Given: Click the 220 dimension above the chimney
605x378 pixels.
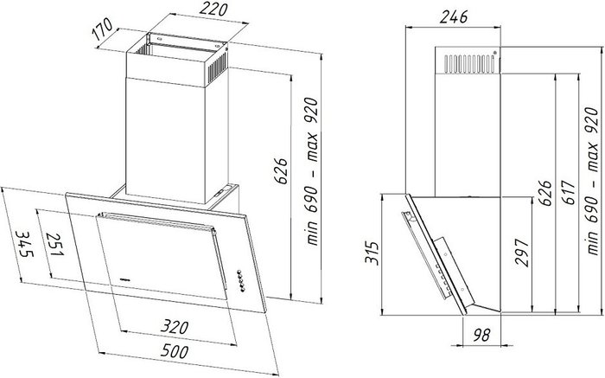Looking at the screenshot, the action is [x=213, y=9].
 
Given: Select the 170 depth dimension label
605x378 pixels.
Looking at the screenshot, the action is [x=102, y=29].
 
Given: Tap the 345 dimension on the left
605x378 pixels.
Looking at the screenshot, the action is [x=25, y=244].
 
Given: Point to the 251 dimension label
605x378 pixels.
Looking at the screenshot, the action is [x=54, y=244].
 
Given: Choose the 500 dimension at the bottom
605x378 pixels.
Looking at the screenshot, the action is [x=175, y=351].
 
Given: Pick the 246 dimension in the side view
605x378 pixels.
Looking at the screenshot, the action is [x=454, y=17].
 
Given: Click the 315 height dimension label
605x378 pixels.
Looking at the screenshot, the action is [x=372, y=253].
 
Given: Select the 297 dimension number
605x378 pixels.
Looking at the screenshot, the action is [x=522, y=253].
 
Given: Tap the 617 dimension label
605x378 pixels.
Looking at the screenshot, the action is [x=569, y=193].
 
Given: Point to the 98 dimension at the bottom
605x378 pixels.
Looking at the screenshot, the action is [x=481, y=335].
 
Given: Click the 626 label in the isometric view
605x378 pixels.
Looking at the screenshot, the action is [x=281, y=170].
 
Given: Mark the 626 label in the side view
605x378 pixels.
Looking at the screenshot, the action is [x=545, y=193].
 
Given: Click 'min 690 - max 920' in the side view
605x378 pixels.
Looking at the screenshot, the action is [x=591, y=181].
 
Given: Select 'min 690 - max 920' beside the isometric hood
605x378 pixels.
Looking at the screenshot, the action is [x=312, y=171].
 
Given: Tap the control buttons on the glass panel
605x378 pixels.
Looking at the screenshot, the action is [x=241, y=280].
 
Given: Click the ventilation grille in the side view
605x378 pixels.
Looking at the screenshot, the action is [x=469, y=63].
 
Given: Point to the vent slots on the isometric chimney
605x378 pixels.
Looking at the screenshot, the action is [x=218, y=67].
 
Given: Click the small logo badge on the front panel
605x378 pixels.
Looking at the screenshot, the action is [x=125, y=279].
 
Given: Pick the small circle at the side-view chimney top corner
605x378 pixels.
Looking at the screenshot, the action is [x=495, y=53].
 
